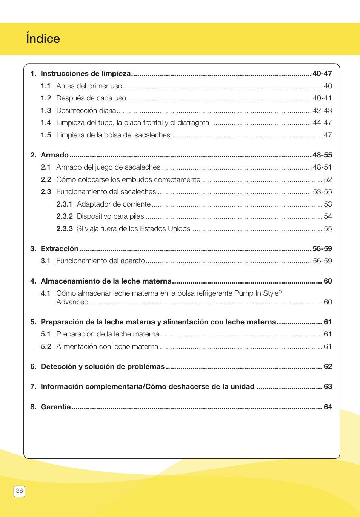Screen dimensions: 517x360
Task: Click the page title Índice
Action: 43,39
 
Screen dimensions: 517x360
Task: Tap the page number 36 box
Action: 19,491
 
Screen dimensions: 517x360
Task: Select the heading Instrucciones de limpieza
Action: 86,73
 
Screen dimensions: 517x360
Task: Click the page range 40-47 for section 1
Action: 322,73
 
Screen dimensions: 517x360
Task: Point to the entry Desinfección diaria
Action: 86,110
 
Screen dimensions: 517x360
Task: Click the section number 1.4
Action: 46,122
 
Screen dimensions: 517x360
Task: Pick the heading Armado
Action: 55,155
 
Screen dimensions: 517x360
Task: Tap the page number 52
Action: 328,179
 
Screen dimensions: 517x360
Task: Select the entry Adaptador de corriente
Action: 114,204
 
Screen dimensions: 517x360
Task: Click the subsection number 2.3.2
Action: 65,216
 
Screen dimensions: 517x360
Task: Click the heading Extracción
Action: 60,248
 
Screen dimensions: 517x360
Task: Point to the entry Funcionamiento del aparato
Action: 100,261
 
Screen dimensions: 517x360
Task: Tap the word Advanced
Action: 72,302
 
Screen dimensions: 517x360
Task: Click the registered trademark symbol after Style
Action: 280,292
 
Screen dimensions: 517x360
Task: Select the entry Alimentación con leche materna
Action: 107,346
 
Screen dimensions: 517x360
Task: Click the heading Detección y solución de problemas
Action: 103,366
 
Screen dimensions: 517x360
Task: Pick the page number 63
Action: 328,386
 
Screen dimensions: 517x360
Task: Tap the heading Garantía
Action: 56,407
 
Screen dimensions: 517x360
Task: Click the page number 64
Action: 328,407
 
